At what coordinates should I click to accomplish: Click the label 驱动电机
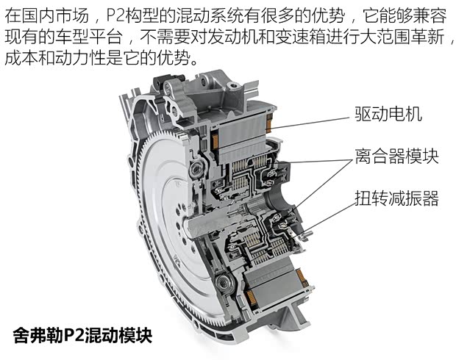coord(388,114)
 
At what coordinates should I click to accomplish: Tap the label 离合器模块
coord(396,156)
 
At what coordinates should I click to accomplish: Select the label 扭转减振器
coord(396,198)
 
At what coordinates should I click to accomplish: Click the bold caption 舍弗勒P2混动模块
coord(82,336)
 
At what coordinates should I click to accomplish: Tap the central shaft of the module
coord(215,222)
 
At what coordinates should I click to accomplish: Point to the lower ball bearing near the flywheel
coord(223,282)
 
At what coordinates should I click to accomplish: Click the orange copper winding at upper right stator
coord(269,122)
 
